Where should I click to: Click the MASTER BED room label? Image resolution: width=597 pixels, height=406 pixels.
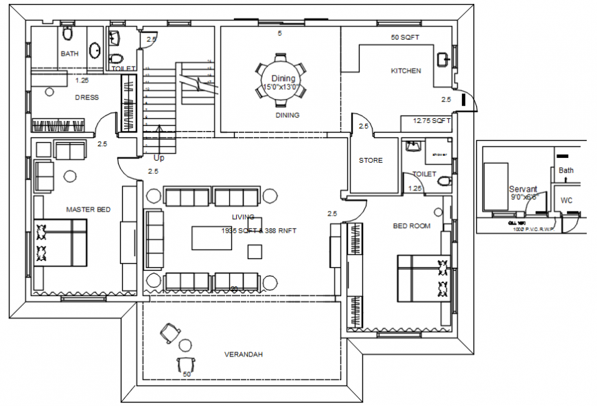pyautogui.click(x=88, y=209)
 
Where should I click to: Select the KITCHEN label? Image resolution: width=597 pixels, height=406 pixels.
pyautogui.click(x=406, y=71)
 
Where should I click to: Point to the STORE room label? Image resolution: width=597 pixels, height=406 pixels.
pyautogui.click(x=371, y=161)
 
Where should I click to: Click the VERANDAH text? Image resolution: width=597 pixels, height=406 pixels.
pyautogui.click(x=244, y=354)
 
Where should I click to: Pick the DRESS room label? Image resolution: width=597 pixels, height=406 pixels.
pyautogui.click(x=86, y=98)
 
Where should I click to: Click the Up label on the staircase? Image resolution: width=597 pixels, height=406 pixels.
pyautogui.click(x=159, y=157)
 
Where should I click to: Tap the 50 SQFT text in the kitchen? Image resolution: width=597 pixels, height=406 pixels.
pyautogui.click(x=405, y=37)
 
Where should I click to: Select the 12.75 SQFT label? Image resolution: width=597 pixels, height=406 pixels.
pyautogui.click(x=432, y=121)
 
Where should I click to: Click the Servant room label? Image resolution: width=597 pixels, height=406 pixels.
pyautogui.click(x=522, y=189)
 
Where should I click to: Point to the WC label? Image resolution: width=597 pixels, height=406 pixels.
pyautogui.click(x=567, y=201)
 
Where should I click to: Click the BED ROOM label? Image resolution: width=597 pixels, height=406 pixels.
pyautogui.click(x=412, y=226)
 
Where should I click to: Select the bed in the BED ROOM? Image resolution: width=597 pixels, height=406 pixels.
pyautogui.click(x=423, y=278)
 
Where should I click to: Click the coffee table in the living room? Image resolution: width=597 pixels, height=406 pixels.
pyautogui.click(x=209, y=238)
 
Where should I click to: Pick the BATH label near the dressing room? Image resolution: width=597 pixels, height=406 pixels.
pyautogui.click(x=69, y=53)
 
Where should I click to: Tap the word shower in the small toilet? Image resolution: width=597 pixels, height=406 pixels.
pyautogui.click(x=440, y=155)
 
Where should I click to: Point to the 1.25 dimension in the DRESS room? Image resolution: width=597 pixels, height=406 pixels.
pyautogui.click(x=81, y=80)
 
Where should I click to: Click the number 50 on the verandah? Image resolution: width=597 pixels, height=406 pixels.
pyautogui.click(x=186, y=374)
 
